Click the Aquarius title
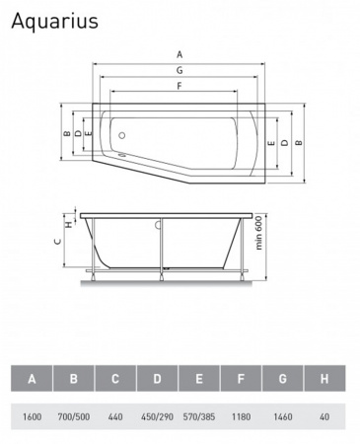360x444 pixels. click(x=54, y=22)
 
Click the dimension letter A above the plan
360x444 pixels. click(x=180, y=54)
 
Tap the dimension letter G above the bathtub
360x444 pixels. click(x=180, y=70)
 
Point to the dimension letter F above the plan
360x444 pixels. click(x=180, y=86)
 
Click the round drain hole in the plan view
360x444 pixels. click(x=122, y=135)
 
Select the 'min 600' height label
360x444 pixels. click(x=259, y=233)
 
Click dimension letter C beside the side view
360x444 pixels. click(x=58, y=242)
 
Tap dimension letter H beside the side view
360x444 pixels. click(x=69, y=225)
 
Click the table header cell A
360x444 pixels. click(x=32, y=378)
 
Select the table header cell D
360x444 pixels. click(x=157, y=378)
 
